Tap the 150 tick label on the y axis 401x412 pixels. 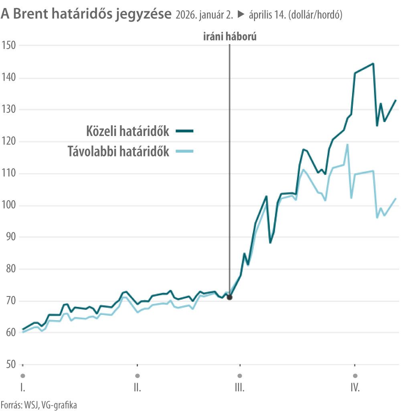point(8,45)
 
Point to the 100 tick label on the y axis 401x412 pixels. point(8,205)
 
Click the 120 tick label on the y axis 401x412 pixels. point(8,142)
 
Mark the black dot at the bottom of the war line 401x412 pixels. point(229,297)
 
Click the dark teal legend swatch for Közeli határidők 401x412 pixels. point(185,131)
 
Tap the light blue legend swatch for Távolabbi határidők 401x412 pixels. point(185,151)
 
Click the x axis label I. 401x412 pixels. point(22,388)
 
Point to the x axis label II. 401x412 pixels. point(137,388)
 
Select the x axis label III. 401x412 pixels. point(240,388)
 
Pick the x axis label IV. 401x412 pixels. point(354,388)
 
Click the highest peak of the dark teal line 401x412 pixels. point(373,63)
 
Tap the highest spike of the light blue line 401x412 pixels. point(347,144)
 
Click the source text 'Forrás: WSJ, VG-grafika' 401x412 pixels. point(38,404)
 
